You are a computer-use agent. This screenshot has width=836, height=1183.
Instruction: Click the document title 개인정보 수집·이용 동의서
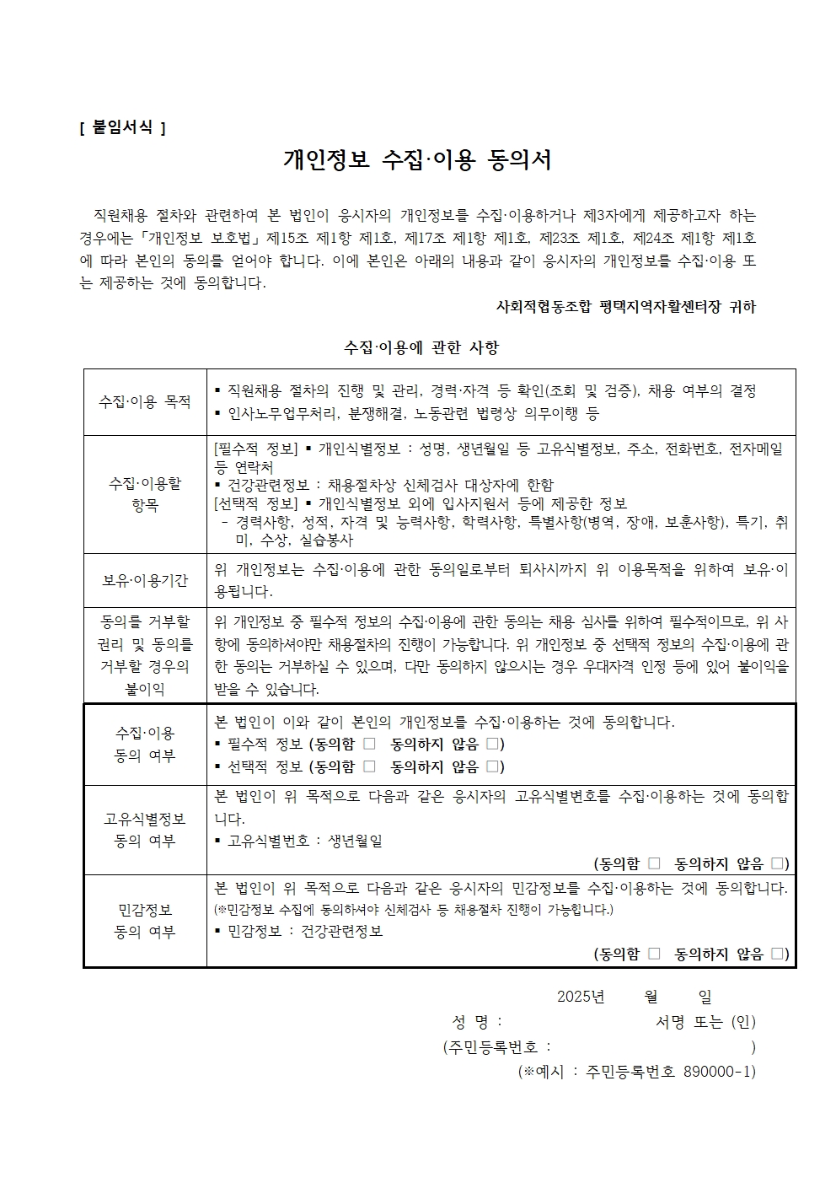418,160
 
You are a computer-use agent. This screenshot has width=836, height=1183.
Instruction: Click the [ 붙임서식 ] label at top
121,127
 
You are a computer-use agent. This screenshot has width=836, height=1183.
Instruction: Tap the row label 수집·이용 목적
145,401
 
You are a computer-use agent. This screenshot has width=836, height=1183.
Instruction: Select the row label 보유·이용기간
145,581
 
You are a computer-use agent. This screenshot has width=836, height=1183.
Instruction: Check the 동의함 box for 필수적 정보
369,744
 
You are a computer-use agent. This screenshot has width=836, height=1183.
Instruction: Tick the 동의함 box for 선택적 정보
369,766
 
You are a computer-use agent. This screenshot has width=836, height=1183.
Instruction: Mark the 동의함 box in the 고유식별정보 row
654,863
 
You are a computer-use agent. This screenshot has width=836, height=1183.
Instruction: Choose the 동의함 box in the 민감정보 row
654,954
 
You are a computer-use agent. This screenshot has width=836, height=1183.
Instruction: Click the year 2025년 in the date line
581,997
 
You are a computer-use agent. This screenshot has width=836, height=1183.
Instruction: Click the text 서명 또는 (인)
705,1022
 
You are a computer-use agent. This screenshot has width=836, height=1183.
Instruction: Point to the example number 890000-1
716,1072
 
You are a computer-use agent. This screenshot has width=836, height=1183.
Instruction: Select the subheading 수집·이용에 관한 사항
421,347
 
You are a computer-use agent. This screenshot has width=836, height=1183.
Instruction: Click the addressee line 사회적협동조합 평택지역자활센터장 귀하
626,307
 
